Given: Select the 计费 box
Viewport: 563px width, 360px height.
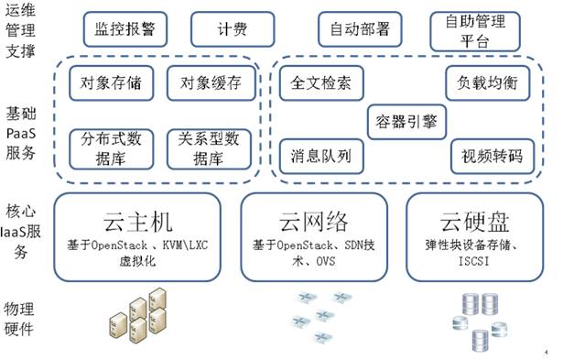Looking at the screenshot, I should click(232, 28).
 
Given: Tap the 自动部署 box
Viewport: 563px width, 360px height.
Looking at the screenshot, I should click(359, 28).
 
